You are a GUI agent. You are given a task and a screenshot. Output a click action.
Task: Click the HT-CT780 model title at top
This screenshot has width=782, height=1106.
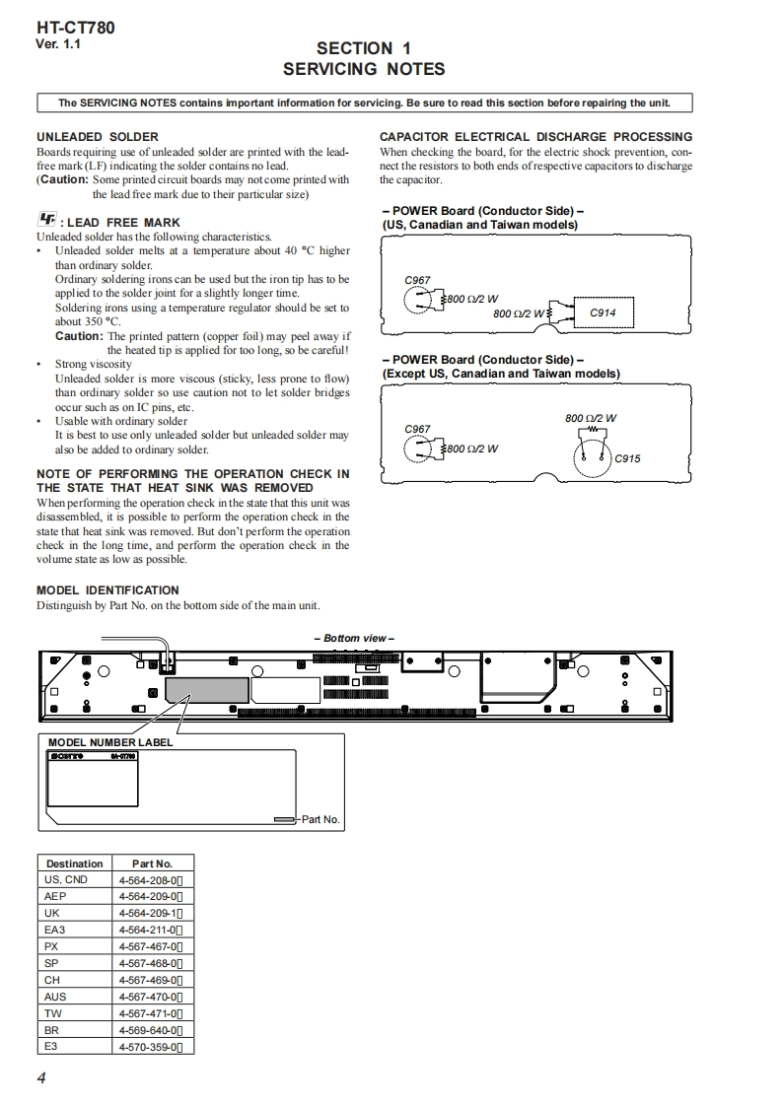(75, 28)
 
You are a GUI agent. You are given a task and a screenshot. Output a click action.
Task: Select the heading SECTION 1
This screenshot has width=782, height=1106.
(363, 48)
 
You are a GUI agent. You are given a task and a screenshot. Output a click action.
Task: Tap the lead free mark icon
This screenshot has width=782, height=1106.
(46, 221)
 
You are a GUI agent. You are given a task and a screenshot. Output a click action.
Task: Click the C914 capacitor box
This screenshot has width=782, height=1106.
(603, 312)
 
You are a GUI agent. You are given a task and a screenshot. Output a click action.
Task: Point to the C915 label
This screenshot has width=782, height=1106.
(627, 458)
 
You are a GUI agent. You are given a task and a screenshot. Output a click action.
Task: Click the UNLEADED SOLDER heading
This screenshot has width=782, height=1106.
(98, 137)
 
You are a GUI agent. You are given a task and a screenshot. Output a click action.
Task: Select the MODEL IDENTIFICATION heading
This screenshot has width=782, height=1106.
(107, 590)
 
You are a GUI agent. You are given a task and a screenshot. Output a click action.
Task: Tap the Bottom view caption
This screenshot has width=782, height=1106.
(359, 639)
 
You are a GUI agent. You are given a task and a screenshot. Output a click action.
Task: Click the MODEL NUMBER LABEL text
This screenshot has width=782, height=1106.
(110, 742)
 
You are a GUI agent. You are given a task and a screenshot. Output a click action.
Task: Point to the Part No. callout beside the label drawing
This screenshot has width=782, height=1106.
(320, 819)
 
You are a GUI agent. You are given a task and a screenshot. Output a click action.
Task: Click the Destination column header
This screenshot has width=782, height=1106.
(74, 864)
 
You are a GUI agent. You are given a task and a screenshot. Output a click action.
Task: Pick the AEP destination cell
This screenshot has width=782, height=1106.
(55, 896)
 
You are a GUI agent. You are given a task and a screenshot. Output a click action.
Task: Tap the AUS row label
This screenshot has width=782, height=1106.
(55, 997)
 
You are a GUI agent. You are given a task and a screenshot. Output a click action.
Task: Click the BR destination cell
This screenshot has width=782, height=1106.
(52, 1030)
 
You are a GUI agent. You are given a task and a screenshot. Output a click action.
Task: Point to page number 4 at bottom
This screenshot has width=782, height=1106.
(41, 1077)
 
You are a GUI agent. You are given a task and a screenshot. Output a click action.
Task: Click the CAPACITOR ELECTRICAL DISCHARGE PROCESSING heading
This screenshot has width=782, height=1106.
(535, 137)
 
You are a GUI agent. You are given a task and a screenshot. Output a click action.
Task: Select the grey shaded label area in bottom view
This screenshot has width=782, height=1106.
(206, 689)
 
